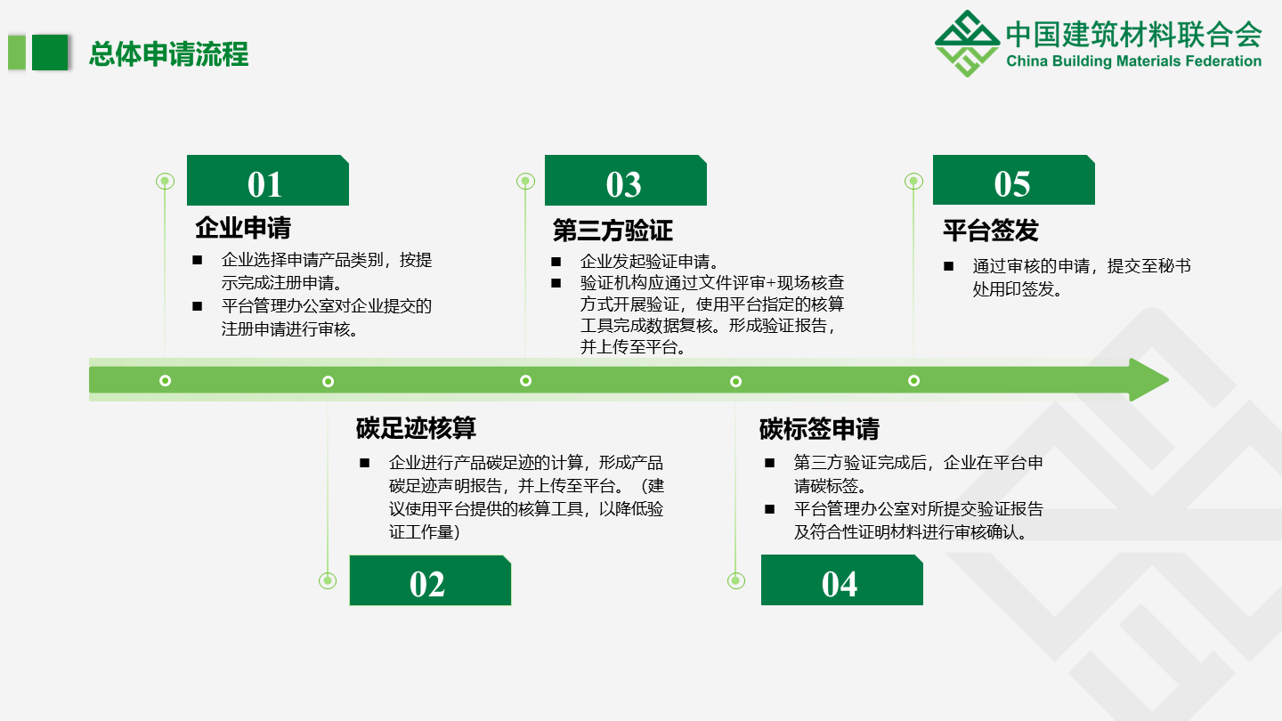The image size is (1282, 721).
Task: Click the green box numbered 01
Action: pos(268,180)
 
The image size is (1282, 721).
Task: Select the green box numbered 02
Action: pos(430,580)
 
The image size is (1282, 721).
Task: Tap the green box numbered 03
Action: pos(626,180)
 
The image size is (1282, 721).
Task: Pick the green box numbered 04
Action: pos(842,580)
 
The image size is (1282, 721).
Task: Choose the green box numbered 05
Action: pos(1013,180)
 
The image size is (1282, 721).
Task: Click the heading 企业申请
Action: pos(243,228)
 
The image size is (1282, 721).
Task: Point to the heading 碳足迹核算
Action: pos(416,428)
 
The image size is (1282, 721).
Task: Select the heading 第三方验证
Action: pos(613,231)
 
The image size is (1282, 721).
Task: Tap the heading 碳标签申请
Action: pos(819,429)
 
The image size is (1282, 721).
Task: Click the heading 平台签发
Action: pos(991,231)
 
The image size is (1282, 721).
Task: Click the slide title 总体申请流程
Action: pos(169,54)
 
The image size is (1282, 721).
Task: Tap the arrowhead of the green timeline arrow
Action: pos(1148,380)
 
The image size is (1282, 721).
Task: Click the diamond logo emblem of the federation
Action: pos(967,44)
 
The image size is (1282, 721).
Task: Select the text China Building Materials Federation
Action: pos(1134,61)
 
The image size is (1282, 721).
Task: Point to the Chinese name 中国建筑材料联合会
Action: pos(1134,35)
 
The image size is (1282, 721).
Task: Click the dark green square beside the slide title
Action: pos(50,53)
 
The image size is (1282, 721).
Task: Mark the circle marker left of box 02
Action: pos(328,580)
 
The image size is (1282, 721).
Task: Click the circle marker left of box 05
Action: pos(913,182)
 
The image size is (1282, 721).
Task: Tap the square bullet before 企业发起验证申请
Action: pos(556,262)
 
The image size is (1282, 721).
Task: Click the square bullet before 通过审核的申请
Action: pos(948,266)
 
